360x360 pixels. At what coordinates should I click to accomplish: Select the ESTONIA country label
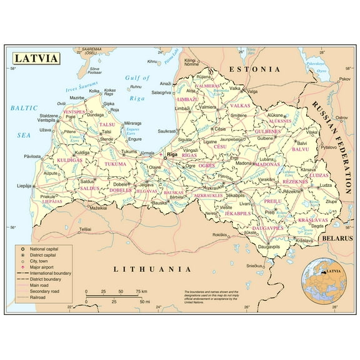(254, 69)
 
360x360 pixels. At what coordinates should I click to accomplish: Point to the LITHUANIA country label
(152, 269)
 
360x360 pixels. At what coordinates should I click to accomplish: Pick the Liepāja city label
(24, 186)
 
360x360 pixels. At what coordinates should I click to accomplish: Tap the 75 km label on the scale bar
(141, 291)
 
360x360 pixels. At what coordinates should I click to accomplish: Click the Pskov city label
(344, 79)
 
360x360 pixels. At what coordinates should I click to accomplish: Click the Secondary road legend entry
(46, 291)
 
